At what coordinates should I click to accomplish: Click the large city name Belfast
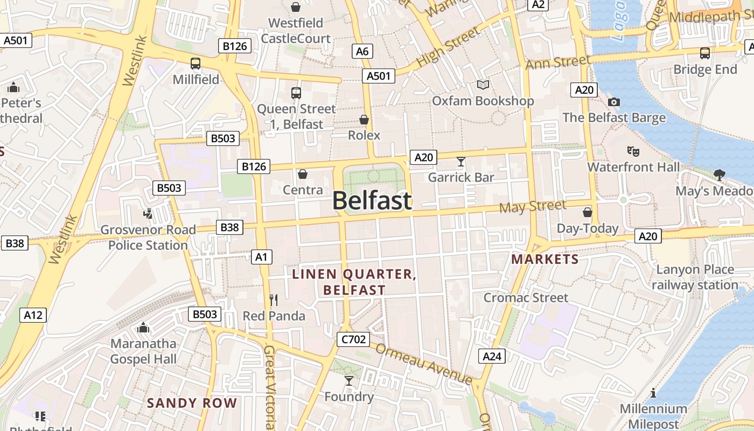(x=372, y=201)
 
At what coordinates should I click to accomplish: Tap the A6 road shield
(x=362, y=51)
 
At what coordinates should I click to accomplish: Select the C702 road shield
(x=353, y=339)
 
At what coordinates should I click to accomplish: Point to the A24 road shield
(x=492, y=356)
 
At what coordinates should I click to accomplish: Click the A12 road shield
(x=33, y=315)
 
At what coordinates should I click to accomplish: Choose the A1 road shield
(x=261, y=257)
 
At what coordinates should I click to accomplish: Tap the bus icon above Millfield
(x=196, y=64)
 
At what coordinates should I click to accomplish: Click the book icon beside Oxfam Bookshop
(x=483, y=85)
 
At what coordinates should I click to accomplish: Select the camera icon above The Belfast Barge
(x=613, y=102)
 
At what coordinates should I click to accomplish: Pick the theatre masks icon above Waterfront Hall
(x=633, y=151)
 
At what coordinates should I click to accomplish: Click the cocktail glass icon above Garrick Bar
(x=461, y=161)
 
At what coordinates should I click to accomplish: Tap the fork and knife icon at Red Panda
(x=274, y=300)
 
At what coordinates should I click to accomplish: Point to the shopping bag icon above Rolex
(x=364, y=120)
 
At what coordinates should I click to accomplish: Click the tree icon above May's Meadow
(x=719, y=175)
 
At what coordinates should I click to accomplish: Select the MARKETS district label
(x=545, y=259)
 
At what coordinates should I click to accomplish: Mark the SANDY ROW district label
(x=192, y=402)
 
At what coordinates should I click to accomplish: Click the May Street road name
(x=533, y=206)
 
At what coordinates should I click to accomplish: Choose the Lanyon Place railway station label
(x=695, y=277)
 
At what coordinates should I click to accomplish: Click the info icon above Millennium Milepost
(x=653, y=393)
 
